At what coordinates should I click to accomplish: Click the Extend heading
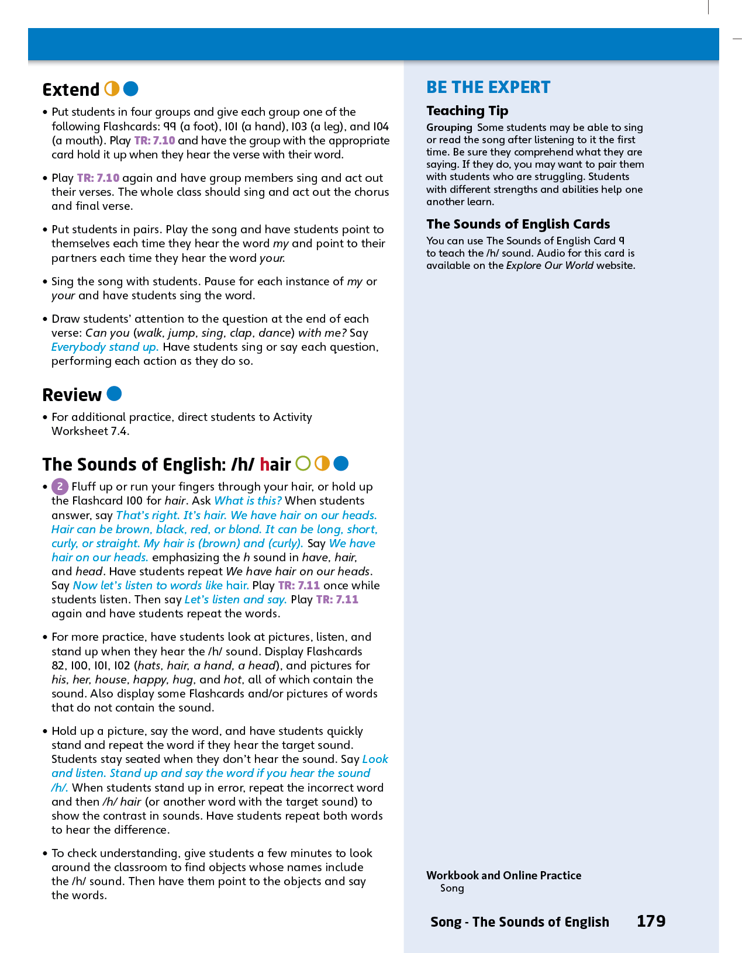(x=71, y=89)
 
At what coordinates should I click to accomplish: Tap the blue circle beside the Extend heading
(x=131, y=89)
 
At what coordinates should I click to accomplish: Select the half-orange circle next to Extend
(x=112, y=89)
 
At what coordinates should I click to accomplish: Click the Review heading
(x=72, y=395)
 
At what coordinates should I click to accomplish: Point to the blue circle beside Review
(x=115, y=394)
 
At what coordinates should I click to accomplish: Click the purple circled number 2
(x=60, y=486)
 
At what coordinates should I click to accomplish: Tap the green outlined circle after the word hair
(x=303, y=464)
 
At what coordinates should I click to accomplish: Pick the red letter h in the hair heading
(x=264, y=464)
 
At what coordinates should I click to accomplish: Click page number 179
(x=651, y=921)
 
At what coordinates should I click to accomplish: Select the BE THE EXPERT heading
(x=488, y=87)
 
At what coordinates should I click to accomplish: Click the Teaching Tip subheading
(x=467, y=111)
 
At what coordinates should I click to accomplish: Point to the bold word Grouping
(x=449, y=127)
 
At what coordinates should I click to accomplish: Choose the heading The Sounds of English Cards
(x=518, y=224)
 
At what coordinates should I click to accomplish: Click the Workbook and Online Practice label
(x=503, y=875)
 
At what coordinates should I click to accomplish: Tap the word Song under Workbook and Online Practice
(x=452, y=888)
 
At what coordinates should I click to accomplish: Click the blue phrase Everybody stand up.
(x=105, y=347)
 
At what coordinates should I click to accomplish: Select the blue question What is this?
(x=248, y=500)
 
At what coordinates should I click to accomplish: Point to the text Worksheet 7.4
(x=91, y=431)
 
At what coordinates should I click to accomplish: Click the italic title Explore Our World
(x=550, y=265)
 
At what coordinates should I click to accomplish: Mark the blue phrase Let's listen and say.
(x=236, y=599)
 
